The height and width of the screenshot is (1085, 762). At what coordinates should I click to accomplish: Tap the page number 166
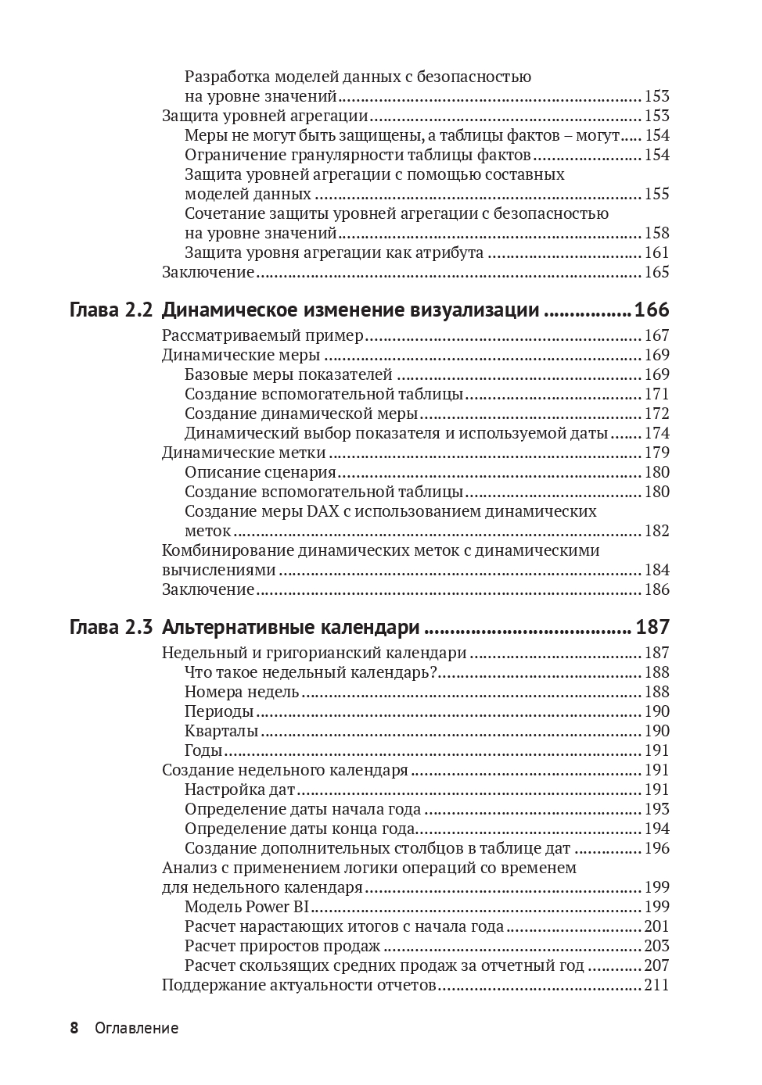[652, 310]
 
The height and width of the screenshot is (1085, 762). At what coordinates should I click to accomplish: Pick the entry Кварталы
[221, 731]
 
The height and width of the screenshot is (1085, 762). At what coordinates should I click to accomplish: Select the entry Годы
[203, 750]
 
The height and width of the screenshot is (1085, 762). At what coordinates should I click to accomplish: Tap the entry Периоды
[219, 711]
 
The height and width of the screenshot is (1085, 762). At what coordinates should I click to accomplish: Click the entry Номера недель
[242, 692]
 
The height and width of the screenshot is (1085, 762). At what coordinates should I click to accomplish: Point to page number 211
[656, 985]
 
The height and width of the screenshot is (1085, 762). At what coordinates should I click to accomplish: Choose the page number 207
[656, 965]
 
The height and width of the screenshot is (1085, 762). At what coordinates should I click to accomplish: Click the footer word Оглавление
[136, 1028]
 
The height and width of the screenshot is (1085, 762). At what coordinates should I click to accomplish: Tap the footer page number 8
[74, 1028]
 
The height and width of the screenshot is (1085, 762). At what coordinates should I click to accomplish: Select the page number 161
[656, 252]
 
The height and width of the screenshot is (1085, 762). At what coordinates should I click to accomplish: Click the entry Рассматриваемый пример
[263, 335]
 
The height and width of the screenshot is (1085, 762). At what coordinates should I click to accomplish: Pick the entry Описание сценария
[260, 472]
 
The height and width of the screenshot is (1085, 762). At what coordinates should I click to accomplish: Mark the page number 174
[656, 433]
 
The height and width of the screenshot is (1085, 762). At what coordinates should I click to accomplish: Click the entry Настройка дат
[239, 790]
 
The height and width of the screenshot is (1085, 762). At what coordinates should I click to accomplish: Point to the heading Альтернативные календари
[291, 627]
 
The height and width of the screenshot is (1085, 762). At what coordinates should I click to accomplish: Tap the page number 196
[656, 848]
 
